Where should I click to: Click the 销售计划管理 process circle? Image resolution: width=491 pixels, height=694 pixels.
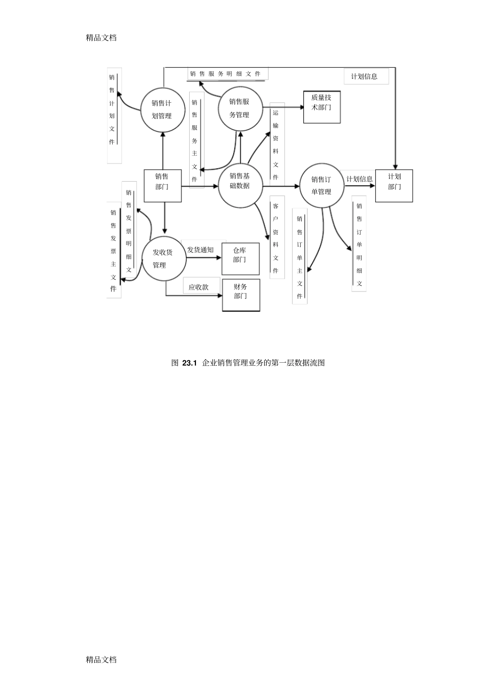click(x=163, y=109)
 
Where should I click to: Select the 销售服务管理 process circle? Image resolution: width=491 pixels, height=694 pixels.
click(x=240, y=108)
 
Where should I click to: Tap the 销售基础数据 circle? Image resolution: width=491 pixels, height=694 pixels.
click(x=240, y=181)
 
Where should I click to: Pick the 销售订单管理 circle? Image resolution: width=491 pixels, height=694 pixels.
click(x=321, y=185)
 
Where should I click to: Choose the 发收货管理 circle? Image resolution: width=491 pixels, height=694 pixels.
click(x=163, y=259)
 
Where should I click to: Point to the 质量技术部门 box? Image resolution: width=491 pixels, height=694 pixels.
click(x=321, y=107)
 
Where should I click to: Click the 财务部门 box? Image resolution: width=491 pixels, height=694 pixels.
click(x=241, y=295)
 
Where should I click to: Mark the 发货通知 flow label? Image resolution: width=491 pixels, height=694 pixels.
click(x=201, y=250)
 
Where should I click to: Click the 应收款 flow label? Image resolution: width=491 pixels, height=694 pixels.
click(x=198, y=287)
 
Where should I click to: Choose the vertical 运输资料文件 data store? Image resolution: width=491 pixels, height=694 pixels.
click(x=276, y=144)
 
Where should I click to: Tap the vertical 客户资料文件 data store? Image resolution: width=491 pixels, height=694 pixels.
click(x=276, y=238)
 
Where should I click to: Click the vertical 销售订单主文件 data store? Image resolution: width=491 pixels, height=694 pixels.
click(x=300, y=257)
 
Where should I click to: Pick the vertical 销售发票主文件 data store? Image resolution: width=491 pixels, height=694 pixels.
click(x=114, y=251)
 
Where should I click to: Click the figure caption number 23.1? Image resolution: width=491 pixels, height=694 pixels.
click(x=190, y=363)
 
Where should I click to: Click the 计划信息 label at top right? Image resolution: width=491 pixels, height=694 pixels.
click(x=364, y=76)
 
